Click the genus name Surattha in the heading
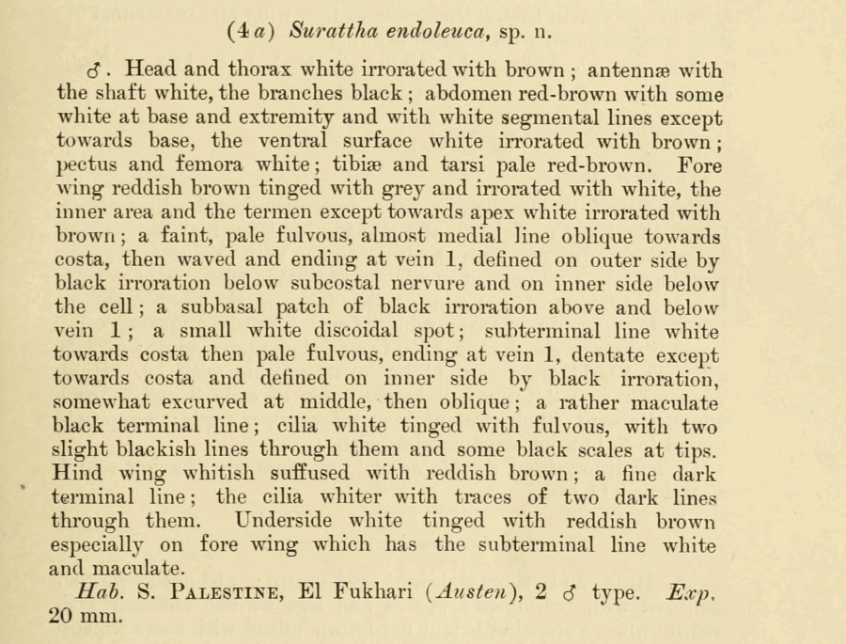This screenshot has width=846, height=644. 332,31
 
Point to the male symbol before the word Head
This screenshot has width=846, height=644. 93,71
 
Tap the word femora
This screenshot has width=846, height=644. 211,165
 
